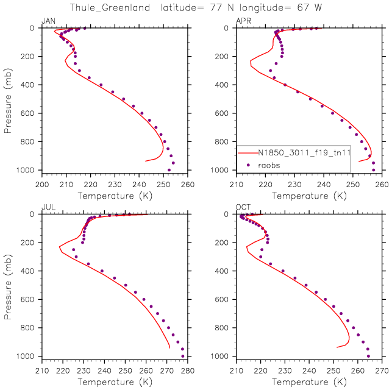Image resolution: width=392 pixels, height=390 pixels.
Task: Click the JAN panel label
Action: [x=48, y=22]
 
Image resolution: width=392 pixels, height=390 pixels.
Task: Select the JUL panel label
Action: [x=48, y=208]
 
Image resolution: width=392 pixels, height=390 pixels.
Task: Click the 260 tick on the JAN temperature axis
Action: [x=187, y=183]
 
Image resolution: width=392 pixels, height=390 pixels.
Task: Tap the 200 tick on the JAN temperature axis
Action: [x=42, y=183]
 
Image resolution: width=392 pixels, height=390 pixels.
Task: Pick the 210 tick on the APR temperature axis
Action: [x=237, y=183]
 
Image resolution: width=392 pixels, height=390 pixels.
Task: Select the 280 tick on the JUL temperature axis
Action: [x=187, y=369]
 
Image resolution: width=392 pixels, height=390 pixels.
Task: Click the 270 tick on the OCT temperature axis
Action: [x=382, y=369]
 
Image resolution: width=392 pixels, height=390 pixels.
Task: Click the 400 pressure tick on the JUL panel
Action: [x=30, y=271]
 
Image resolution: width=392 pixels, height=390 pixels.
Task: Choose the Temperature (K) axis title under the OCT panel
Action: [x=309, y=381]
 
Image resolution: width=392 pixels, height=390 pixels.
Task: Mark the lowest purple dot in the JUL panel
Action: [x=183, y=356]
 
